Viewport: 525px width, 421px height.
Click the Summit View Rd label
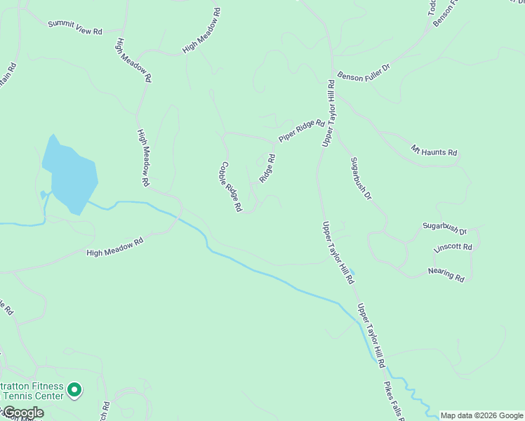(x=75, y=27)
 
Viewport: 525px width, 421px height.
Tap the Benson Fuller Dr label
(x=363, y=76)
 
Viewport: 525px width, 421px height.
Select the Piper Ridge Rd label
(x=302, y=131)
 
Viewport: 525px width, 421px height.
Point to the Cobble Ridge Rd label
(x=230, y=187)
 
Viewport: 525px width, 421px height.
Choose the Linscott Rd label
(x=453, y=248)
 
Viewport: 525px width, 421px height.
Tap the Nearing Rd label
(x=446, y=274)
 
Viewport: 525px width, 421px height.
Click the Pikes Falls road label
(x=392, y=401)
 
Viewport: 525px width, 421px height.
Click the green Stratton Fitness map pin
(x=76, y=388)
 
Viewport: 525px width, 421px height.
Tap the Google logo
(x=22, y=413)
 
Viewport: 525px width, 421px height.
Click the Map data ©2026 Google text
(x=481, y=415)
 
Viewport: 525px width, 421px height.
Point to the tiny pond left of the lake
(x=44, y=194)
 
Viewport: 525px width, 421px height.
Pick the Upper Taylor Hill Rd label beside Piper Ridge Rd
(x=328, y=114)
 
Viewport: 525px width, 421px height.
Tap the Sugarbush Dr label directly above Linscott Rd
(x=444, y=228)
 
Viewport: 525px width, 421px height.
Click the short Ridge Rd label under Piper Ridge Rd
(x=267, y=168)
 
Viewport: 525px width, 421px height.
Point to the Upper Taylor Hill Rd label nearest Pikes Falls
(x=371, y=335)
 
